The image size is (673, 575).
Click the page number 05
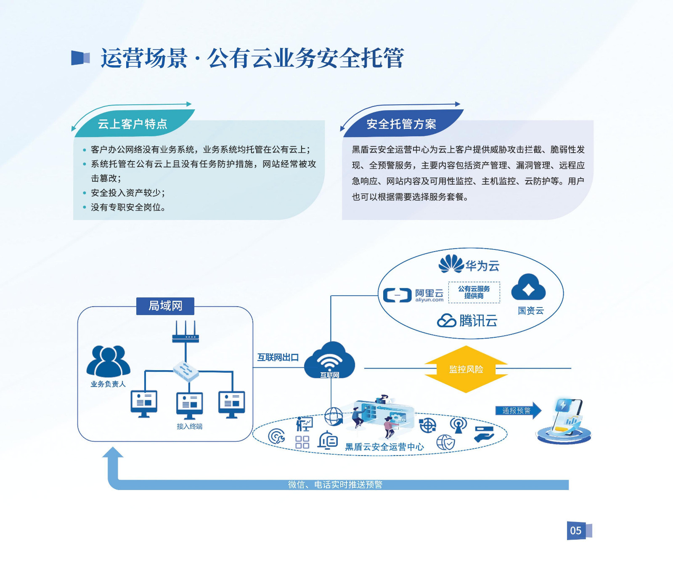click(576, 530)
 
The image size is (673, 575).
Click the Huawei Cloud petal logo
click(451, 264)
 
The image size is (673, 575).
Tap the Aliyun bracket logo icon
click(397, 295)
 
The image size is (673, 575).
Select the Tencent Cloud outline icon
click(446, 321)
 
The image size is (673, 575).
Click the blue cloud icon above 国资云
click(528, 288)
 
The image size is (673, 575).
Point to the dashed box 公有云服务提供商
click(474, 292)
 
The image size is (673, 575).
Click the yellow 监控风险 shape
click(466, 369)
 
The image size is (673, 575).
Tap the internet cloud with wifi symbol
click(330, 361)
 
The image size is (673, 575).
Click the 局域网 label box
click(165, 306)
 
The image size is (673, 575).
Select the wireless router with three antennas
click(185, 332)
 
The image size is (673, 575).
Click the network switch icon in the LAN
click(185, 371)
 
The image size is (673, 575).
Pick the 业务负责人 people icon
click(108, 361)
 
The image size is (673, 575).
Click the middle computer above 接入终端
click(189, 405)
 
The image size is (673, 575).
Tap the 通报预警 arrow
click(518, 411)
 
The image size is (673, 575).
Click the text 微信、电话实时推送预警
click(335, 485)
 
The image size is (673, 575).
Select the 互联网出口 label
click(278, 358)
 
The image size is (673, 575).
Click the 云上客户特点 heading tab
click(132, 124)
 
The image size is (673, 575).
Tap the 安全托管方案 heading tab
click(401, 124)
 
